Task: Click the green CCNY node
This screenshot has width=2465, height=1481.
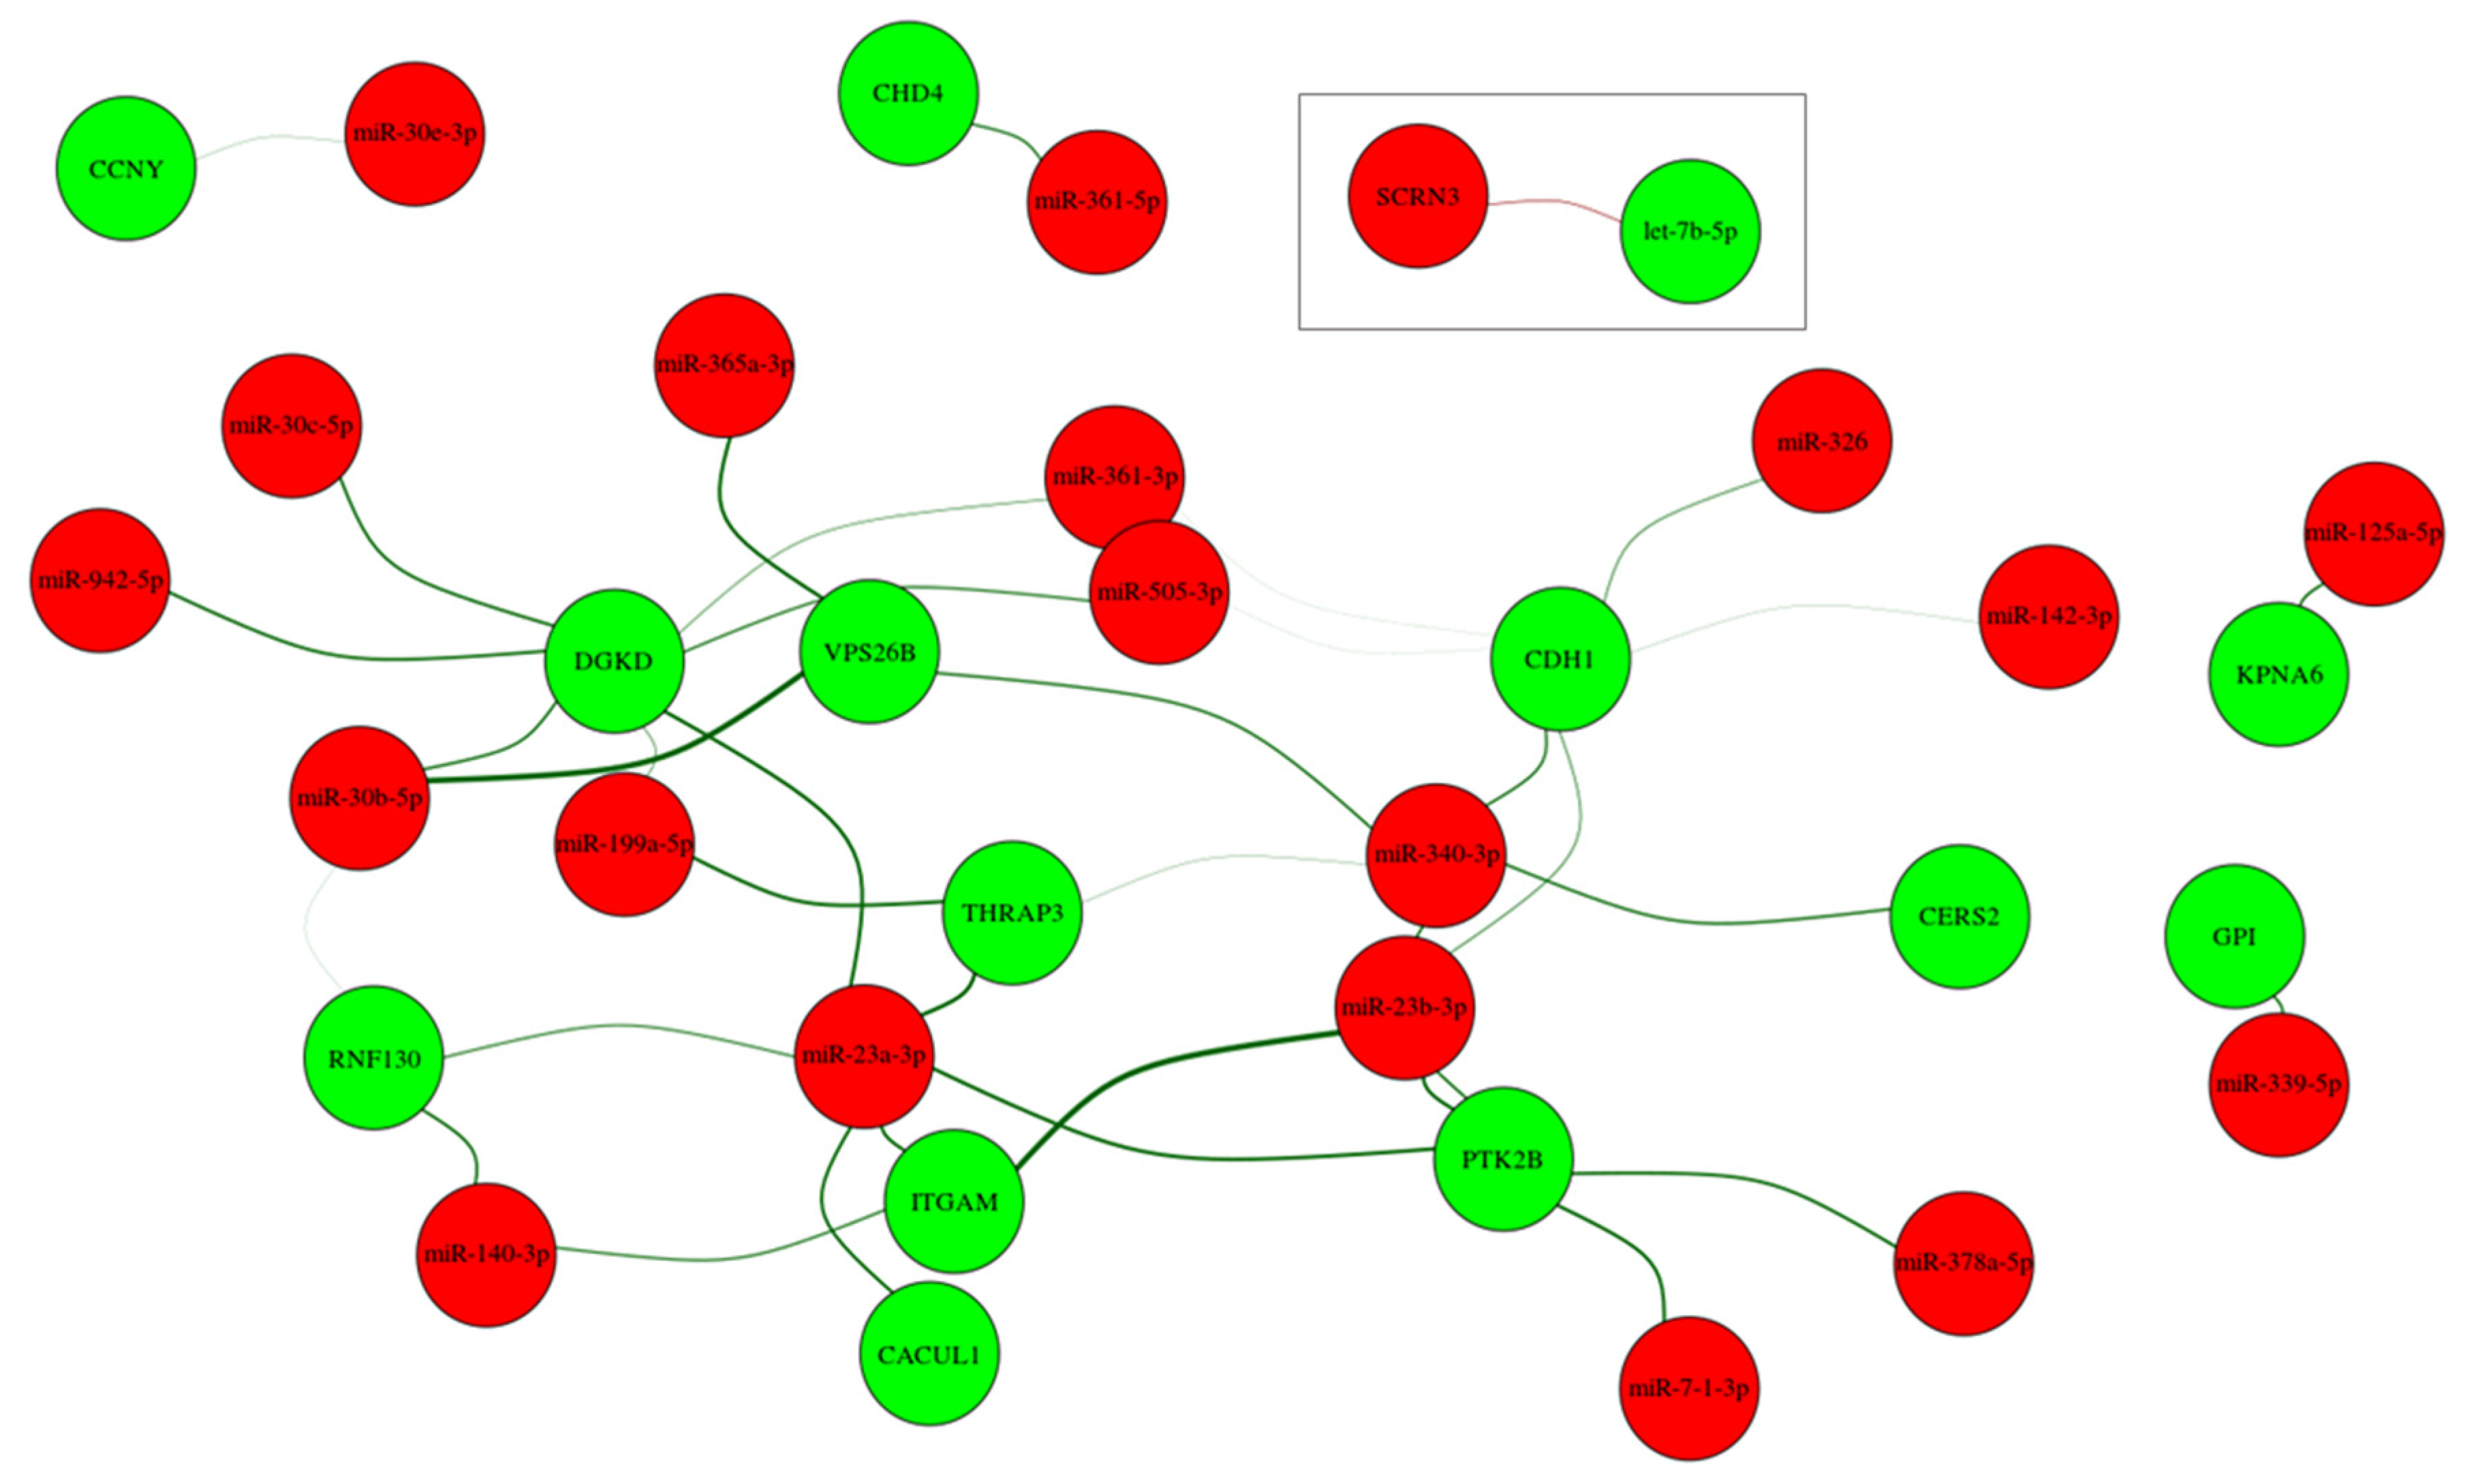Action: click(125, 168)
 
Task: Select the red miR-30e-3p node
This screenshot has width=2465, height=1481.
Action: click(415, 134)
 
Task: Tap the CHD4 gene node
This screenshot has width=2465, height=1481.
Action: click(908, 93)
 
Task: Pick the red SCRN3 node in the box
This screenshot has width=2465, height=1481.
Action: click(1418, 196)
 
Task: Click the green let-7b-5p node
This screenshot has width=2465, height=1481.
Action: click(1690, 230)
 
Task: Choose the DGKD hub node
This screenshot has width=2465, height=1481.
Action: click(613, 660)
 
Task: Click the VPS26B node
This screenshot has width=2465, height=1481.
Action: click(869, 652)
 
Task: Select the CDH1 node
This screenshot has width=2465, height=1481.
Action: click(1560, 658)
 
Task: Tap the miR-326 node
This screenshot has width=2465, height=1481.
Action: click(1822, 441)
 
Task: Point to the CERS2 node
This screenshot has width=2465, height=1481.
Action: click(1959, 916)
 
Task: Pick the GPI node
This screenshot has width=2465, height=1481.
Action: click(2235, 936)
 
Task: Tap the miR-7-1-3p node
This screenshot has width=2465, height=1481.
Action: click(1690, 1388)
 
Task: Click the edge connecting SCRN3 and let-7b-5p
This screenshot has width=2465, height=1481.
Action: click(1554, 202)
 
